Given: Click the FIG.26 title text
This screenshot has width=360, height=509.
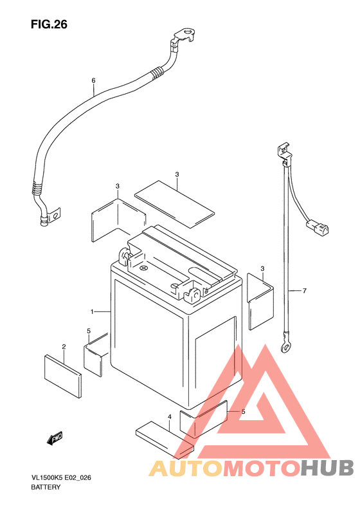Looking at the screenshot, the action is tap(49, 24).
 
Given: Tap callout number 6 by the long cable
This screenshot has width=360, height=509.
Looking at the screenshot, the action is tap(93, 80).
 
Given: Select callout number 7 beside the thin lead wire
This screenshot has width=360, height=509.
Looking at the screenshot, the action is tap(304, 291).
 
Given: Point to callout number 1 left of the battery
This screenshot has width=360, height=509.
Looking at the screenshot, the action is tap(92, 312).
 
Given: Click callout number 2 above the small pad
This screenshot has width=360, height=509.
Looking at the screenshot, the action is tap(64, 347).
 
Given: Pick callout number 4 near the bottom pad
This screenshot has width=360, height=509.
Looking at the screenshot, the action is tap(169, 416).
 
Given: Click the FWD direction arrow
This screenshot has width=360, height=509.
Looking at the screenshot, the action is tap(55, 438).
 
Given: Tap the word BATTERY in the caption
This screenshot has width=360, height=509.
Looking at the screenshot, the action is tap(46, 487).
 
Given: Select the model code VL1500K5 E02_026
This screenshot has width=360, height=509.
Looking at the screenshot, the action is tap(61, 477).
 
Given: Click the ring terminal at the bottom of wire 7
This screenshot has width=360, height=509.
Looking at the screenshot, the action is tap(285, 347).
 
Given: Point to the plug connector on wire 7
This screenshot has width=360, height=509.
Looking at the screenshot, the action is tap(317, 227).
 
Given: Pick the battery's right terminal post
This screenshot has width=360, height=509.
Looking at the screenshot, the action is tap(192, 295).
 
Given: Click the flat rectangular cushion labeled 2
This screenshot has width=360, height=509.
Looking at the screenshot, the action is tap(62, 376).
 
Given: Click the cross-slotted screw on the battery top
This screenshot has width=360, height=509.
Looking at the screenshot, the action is tap(143, 268).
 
